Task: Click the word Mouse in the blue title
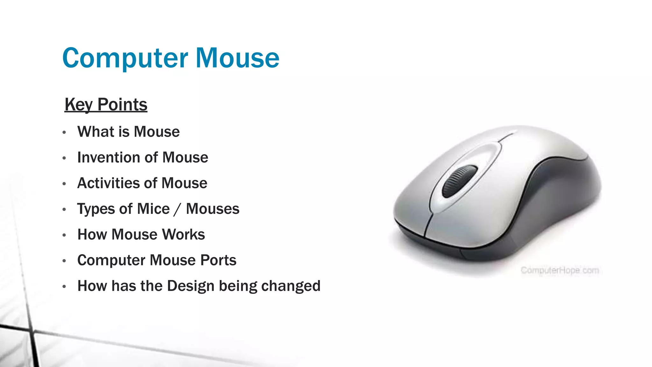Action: click(x=237, y=58)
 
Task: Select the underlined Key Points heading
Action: click(x=106, y=105)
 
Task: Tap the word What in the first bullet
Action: click(x=96, y=132)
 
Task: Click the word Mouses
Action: click(x=212, y=209)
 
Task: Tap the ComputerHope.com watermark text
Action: click(x=559, y=270)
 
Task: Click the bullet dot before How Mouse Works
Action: click(x=64, y=235)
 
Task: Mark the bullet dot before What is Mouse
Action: click(x=64, y=132)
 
